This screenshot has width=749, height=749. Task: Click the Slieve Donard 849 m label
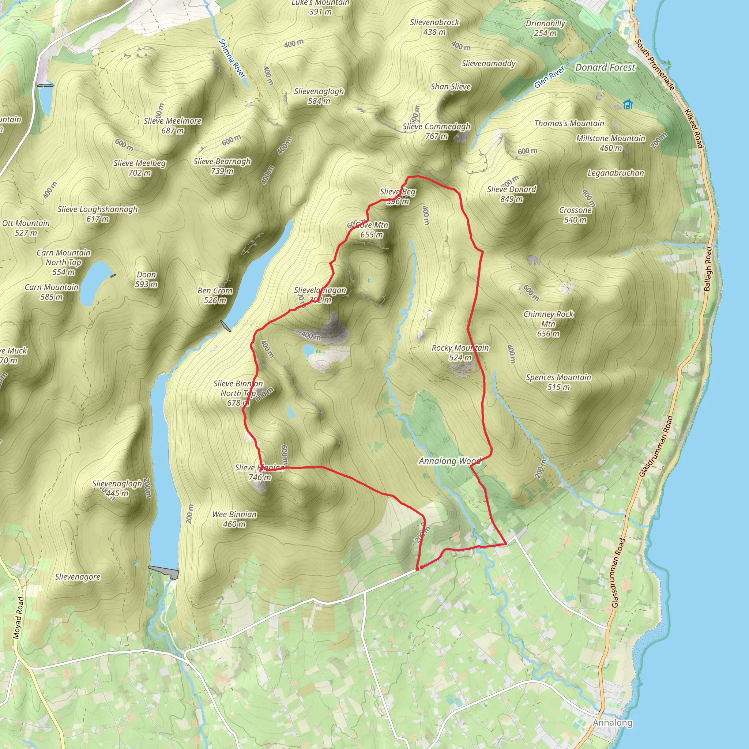pos(511,194)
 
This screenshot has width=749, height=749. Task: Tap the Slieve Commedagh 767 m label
pos(436,131)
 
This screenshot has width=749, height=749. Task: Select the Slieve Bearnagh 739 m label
pos(222,166)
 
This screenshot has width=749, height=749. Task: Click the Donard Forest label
pos(605,67)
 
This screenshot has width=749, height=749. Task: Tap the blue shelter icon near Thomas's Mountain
pos(628,104)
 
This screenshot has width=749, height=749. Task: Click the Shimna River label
pos(232,58)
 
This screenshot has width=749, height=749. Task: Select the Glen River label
pos(549,77)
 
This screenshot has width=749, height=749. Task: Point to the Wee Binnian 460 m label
pos(234,519)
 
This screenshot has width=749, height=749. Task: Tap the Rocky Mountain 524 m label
pos(460,353)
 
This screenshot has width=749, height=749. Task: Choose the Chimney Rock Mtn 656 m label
pos(548,324)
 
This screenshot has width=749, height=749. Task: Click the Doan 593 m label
pos(146,279)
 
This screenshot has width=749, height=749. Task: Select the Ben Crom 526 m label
pos(215,296)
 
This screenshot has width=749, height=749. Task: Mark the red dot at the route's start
pos(421,568)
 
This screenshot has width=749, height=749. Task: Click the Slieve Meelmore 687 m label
pos(173,125)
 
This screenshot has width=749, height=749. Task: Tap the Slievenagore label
pos(78,577)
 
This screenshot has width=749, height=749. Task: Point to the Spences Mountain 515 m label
pos(558,382)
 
